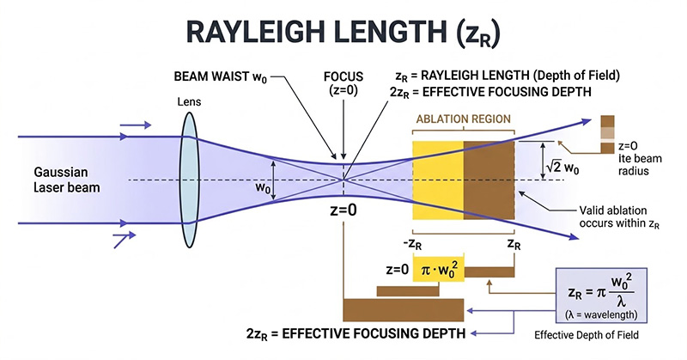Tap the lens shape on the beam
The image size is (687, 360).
coord(188,180)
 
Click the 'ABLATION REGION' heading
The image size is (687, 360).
coord(463,119)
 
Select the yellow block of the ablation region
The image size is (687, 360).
coord(439,179)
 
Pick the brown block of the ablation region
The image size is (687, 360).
coord(489,179)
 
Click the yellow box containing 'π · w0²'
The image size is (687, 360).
coord(438,270)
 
